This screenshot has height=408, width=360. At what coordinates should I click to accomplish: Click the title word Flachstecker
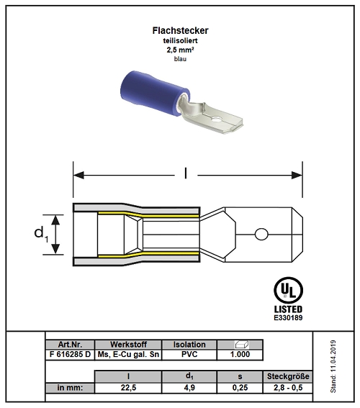180,31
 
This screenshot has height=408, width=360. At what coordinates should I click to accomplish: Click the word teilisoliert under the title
180,40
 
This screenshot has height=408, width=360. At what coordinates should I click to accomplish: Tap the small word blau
180,59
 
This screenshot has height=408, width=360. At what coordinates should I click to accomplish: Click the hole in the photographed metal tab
215,120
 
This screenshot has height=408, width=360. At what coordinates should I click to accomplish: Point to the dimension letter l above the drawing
186,173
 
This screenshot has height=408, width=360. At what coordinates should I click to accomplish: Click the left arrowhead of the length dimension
78,175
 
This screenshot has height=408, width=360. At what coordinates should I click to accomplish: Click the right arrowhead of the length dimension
297,175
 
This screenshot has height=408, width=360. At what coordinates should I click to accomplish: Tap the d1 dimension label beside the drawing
41,234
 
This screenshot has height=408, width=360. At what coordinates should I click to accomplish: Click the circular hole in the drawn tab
261,235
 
